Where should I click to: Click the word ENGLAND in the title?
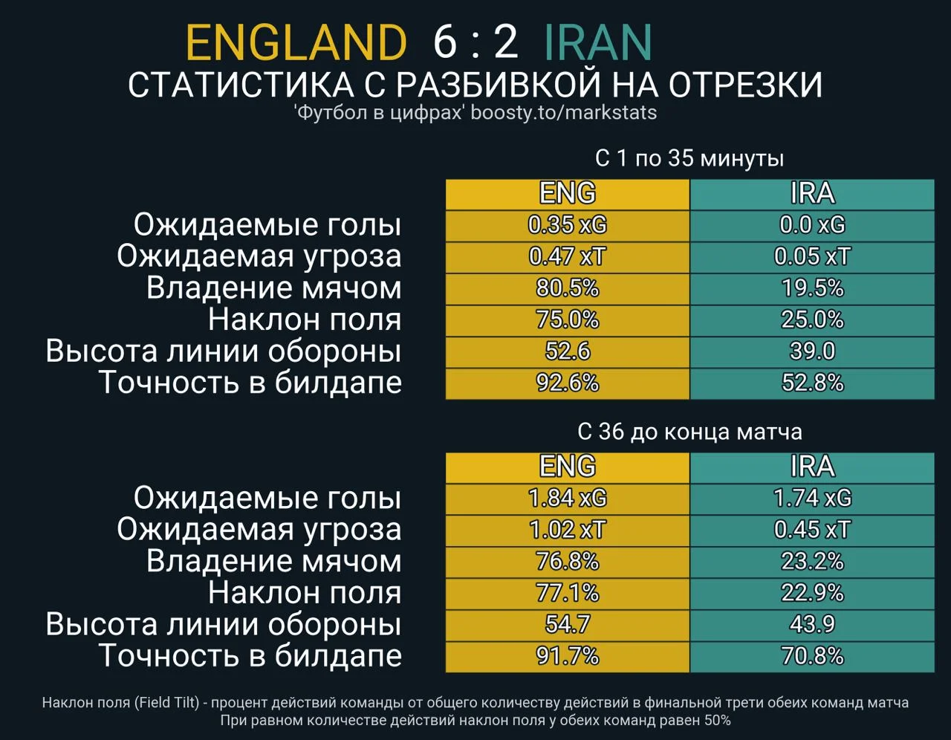296,42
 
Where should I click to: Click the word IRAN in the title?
597,42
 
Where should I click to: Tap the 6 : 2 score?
475,42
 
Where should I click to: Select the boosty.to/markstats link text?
564,112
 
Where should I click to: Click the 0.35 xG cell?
568,225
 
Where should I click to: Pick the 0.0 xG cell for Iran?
812,225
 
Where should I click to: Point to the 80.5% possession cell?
568,288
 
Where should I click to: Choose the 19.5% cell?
812,288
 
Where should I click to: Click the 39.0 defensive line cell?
812,351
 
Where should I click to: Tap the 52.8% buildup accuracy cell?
812,383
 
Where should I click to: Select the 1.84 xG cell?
568,498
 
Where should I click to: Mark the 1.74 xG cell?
812,498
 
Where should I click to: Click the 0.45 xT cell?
812,530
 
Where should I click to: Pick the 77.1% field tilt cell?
568,593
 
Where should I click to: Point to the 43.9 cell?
812,624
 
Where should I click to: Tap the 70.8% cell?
812,656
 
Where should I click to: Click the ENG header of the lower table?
568,467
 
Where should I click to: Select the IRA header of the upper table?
812,194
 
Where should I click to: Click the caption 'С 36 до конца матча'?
689,432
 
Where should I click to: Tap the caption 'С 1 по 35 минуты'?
689,158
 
